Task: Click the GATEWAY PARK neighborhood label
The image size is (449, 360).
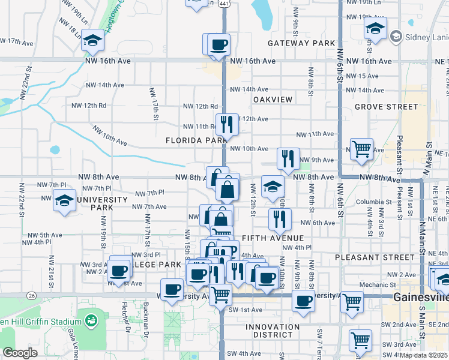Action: tap(301, 43)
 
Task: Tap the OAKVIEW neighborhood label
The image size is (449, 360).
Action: tap(273, 99)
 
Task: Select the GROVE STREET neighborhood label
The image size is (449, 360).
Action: tap(378, 107)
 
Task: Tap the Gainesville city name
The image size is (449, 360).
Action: tap(420, 298)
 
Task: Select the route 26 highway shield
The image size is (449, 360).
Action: tap(30, 295)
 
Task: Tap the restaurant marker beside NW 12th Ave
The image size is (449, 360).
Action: tap(226, 124)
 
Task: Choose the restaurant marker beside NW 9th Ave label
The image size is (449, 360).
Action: tap(288, 158)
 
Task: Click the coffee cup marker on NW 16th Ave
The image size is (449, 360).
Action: tap(218, 44)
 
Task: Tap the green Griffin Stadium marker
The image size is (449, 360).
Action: tap(91, 321)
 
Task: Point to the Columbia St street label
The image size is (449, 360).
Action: tap(368, 202)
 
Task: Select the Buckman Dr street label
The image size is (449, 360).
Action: tap(145, 317)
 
